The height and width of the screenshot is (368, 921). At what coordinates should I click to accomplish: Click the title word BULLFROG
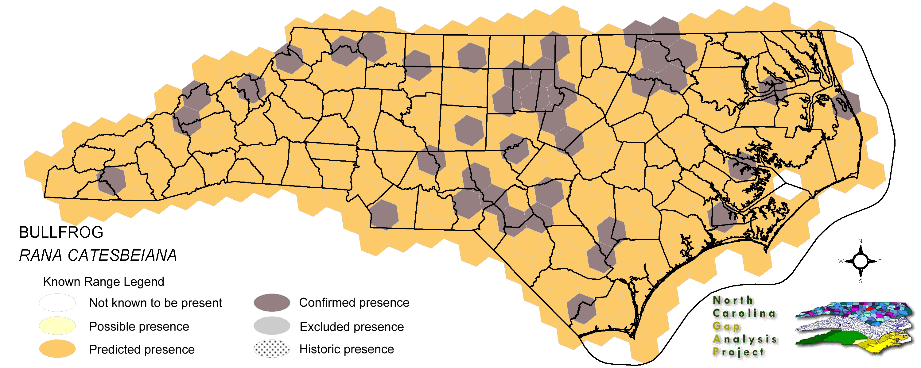(61, 232)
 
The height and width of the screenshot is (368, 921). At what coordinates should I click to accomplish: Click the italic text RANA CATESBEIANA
(98, 255)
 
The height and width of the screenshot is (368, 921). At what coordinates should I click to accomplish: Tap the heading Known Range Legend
(103, 282)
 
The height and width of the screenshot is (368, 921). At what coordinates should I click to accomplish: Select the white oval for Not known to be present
(57, 303)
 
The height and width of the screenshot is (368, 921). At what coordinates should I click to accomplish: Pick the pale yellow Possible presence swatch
(57, 326)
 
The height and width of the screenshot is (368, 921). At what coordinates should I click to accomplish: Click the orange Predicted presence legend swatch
(57, 349)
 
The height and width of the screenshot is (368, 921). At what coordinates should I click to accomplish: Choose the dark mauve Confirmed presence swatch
(272, 303)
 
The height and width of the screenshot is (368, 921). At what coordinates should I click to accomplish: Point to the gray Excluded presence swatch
(272, 326)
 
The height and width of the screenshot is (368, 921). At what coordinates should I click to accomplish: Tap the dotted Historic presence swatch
(272, 349)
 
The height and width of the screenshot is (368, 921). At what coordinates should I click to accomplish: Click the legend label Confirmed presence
(354, 303)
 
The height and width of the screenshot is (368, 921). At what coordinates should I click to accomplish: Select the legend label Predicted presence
(142, 349)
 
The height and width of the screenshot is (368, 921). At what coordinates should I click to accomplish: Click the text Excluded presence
(352, 327)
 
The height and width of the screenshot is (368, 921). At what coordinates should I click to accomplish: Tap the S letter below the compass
(860, 282)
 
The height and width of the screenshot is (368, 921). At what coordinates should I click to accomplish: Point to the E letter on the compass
(880, 262)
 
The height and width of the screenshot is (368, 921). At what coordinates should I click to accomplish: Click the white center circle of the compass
(860, 262)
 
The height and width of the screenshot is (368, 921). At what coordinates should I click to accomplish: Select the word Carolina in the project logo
(744, 313)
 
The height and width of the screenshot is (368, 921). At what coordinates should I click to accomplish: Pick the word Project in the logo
(738, 352)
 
